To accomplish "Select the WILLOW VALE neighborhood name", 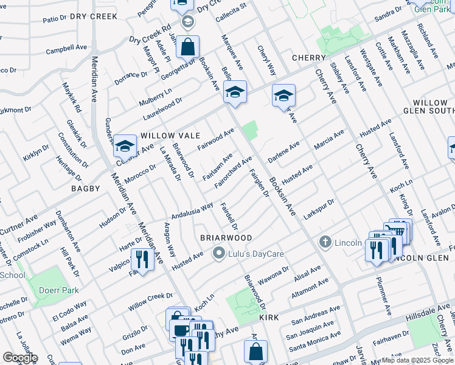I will coord(165,135).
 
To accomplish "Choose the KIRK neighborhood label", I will coord(269,318).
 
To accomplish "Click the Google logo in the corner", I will coord(20,357).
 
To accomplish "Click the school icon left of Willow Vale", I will coord(125,146).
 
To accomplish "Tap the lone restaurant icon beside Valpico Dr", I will coord(143,260).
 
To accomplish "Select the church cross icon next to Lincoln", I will coord(325,243).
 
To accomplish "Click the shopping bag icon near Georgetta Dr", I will coord(188,46).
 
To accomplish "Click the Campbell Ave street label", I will coord(67,48).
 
